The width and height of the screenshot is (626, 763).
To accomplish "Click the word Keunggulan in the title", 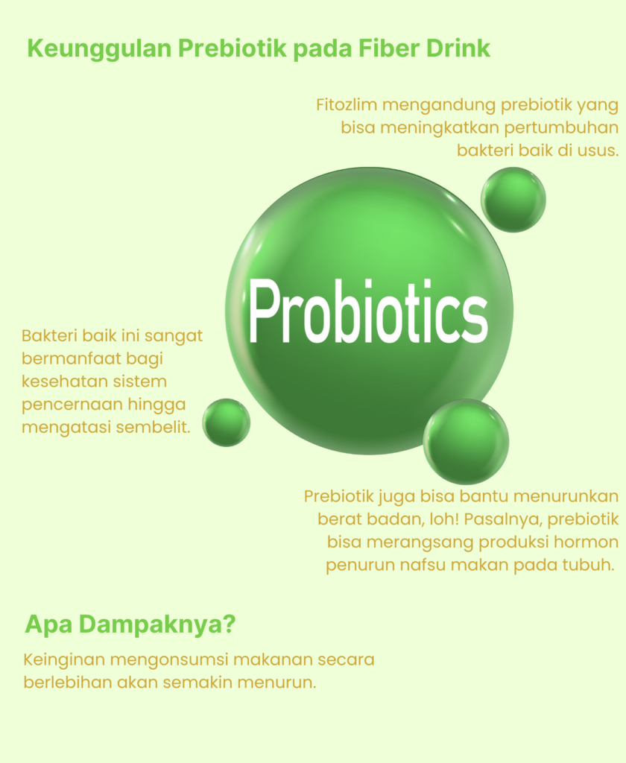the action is [99, 49].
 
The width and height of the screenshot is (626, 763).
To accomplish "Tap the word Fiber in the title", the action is [390, 48].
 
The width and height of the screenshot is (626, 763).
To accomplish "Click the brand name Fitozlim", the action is [347, 104].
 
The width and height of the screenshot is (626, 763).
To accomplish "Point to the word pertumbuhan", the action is [560, 128].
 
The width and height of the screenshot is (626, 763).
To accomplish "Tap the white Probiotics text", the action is [368, 311].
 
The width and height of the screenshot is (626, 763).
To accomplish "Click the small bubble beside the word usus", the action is [513, 200].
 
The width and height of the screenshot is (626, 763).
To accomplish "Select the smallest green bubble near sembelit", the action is [227, 422].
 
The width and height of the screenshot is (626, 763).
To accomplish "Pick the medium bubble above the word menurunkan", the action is [466, 441].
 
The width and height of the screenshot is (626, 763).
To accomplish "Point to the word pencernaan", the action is [72, 405].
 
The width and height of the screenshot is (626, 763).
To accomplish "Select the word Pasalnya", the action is [503, 519].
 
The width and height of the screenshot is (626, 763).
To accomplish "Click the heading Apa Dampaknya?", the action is [130, 624].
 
